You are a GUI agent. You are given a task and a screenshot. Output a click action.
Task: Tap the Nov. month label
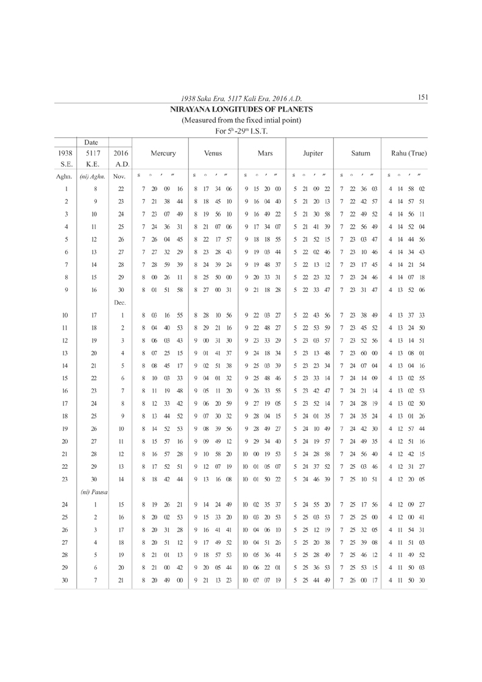(x=119, y=176)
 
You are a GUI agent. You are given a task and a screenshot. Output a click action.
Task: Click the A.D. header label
(x=119, y=164)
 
